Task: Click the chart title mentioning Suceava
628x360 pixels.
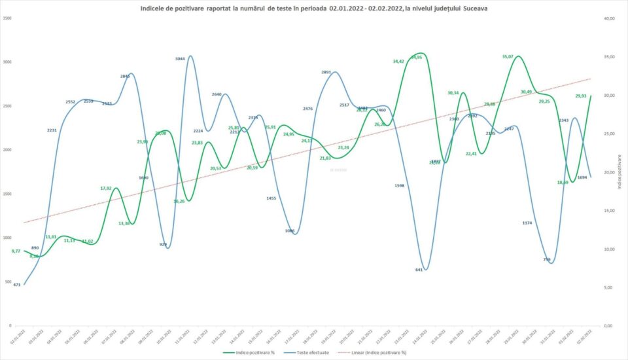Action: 313,8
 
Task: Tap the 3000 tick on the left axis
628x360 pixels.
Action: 7,62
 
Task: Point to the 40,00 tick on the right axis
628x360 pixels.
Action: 609,18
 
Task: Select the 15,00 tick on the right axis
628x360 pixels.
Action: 609,211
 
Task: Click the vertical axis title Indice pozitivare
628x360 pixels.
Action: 619,172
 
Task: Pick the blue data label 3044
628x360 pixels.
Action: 181,59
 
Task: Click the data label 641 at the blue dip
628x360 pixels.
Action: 419,269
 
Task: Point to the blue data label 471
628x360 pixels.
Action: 17,285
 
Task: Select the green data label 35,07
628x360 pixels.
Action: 508,57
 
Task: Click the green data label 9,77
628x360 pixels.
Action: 17,251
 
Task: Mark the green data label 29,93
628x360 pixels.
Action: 580,96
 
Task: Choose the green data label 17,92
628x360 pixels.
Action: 106,189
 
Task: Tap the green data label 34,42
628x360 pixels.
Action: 398,61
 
